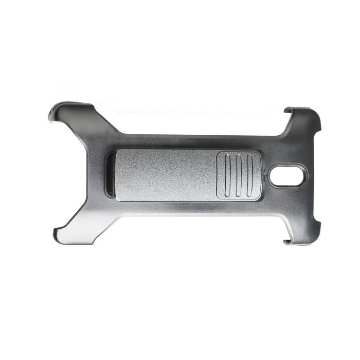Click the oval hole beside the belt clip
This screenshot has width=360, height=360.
pos(287,176)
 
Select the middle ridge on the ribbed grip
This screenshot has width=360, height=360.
pos(239,175)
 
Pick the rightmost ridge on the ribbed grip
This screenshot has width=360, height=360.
pos(249,175)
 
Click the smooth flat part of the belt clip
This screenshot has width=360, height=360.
pos(165,175)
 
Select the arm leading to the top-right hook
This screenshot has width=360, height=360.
pos(288,129)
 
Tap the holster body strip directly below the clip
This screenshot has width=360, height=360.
pos(180,208)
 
